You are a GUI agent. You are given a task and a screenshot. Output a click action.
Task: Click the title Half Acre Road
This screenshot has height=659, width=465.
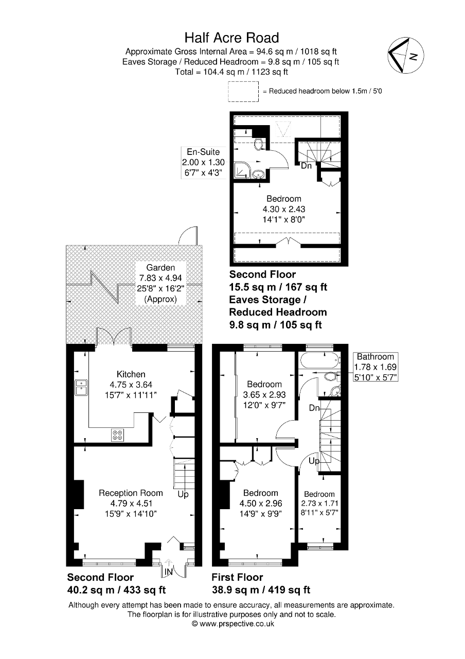click(232, 38)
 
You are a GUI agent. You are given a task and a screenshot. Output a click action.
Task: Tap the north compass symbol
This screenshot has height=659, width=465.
click(406, 55)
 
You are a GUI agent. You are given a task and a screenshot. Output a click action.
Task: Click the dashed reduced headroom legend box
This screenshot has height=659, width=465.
click(243, 91)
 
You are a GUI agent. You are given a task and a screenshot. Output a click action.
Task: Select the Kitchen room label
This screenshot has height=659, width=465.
click(131, 374)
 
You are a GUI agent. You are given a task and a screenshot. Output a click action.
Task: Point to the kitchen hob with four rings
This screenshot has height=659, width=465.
click(117, 436)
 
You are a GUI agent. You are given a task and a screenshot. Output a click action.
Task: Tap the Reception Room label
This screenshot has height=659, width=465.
click(131, 493)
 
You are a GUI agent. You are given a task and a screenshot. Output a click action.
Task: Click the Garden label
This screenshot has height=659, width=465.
click(160, 268)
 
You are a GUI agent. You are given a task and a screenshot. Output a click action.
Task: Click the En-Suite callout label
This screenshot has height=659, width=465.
click(203, 152)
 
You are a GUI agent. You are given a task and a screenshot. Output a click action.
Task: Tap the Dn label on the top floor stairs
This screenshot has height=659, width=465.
click(306, 166)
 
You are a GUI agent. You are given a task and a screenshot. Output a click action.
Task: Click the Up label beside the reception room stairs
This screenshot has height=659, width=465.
click(183, 495)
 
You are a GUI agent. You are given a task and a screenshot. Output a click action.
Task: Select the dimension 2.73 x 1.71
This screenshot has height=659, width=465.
click(319, 504)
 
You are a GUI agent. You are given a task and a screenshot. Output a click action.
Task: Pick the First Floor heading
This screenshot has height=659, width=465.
click(237, 578)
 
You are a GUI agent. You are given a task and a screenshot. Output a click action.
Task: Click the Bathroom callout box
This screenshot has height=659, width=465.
click(375, 367)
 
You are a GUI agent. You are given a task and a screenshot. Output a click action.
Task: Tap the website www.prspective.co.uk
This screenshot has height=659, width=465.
click(233, 624)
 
